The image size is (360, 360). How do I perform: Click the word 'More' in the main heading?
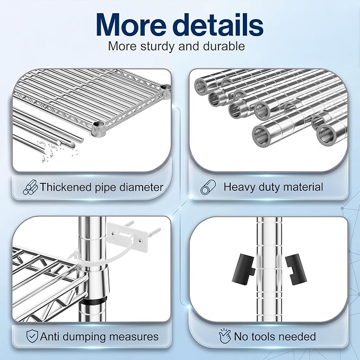click(x=131, y=24)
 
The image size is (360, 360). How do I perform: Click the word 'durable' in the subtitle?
click(x=224, y=46)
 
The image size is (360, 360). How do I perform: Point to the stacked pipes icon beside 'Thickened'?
click(x=30, y=187)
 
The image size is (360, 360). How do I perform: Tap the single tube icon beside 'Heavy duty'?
click(x=208, y=187)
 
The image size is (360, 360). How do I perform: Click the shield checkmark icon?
click(x=32, y=336)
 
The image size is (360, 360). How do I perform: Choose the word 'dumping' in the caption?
click(x=84, y=337)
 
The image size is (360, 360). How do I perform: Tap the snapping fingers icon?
click(x=225, y=336)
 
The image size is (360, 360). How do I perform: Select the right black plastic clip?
click(x=296, y=269)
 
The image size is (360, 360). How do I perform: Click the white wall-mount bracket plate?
click(x=127, y=236)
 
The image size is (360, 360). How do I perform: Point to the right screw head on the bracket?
click(x=140, y=241)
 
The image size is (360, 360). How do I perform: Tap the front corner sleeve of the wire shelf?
click(x=99, y=128)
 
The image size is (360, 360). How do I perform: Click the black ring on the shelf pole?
click(x=93, y=301)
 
